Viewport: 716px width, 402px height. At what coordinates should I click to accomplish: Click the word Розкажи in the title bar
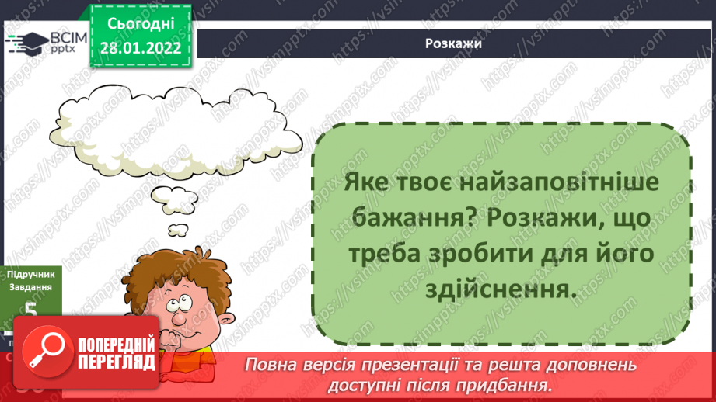[453, 43]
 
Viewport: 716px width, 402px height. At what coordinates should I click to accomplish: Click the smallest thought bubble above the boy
[179, 230]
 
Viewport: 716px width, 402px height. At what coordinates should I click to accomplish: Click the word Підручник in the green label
[30, 274]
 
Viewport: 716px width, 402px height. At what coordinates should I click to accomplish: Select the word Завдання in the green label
[30, 287]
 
